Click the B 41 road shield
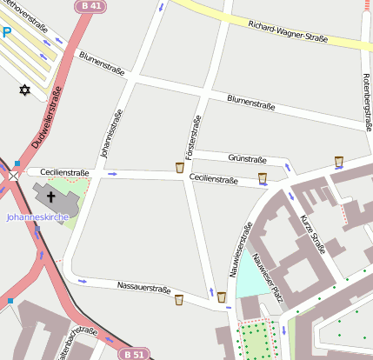pyautogui.click(x=90, y=6)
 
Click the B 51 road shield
pyautogui.click(x=133, y=354)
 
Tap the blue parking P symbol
pyautogui.click(x=6, y=33)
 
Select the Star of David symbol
pyautogui.click(x=24, y=90)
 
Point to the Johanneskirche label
pyautogui.click(x=37, y=217)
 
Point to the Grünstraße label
pyautogui.click(x=247, y=159)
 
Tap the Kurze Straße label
pyautogui.click(x=312, y=233)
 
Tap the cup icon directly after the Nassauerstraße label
pyautogui.click(x=179, y=299)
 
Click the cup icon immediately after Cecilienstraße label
pyautogui.click(x=262, y=178)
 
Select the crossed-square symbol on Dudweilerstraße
pyautogui.click(x=13, y=175)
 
